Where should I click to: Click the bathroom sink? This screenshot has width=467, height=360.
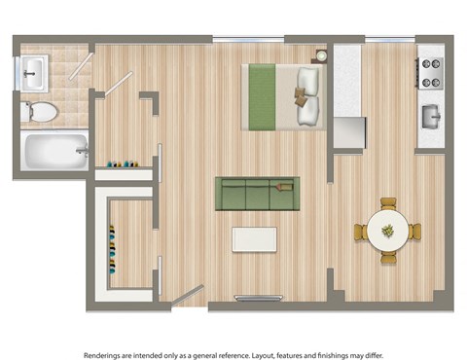(34, 69)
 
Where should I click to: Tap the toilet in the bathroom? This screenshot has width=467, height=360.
(39, 112)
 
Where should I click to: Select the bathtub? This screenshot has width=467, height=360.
(54, 151)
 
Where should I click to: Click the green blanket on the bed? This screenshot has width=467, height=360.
(260, 94)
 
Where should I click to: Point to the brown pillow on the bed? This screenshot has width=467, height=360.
(304, 96)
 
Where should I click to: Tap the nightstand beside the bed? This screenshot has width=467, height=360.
(320, 55)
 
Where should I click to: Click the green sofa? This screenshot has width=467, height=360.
(255, 194)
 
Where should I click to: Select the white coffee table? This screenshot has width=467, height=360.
(254, 239)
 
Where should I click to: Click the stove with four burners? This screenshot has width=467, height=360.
(430, 70)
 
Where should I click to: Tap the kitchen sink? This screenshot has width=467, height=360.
(431, 117)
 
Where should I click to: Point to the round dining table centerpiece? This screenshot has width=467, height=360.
(388, 231)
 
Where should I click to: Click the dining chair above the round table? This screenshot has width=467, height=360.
(388, 203)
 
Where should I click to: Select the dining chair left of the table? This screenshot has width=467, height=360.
(361, 232)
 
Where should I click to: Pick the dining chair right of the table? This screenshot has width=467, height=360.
(415, 232)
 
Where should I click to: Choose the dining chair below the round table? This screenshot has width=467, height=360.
(388, 259)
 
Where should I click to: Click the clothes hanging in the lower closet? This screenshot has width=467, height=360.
(114, 250)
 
